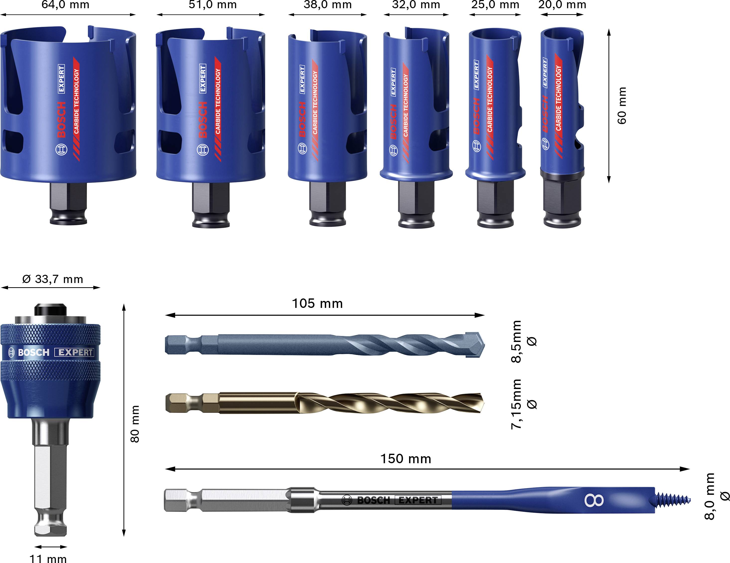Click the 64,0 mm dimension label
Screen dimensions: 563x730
click(65, 5)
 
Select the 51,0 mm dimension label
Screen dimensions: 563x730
click(213, 5)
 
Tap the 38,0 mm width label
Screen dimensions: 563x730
click(328, 5)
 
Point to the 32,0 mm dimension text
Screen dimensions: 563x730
click(416, 5)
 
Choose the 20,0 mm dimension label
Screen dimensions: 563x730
click(562, 5)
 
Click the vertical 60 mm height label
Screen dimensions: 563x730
click(622, 106)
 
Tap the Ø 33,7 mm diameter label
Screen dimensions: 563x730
click(53, 279)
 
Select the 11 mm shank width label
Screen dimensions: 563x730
click(48, 558)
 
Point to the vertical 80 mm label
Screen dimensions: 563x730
click(135, 424)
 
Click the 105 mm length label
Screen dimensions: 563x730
click(317, 303)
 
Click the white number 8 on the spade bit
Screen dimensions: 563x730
click(594, 501)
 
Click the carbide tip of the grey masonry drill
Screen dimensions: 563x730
click(476, 344)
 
